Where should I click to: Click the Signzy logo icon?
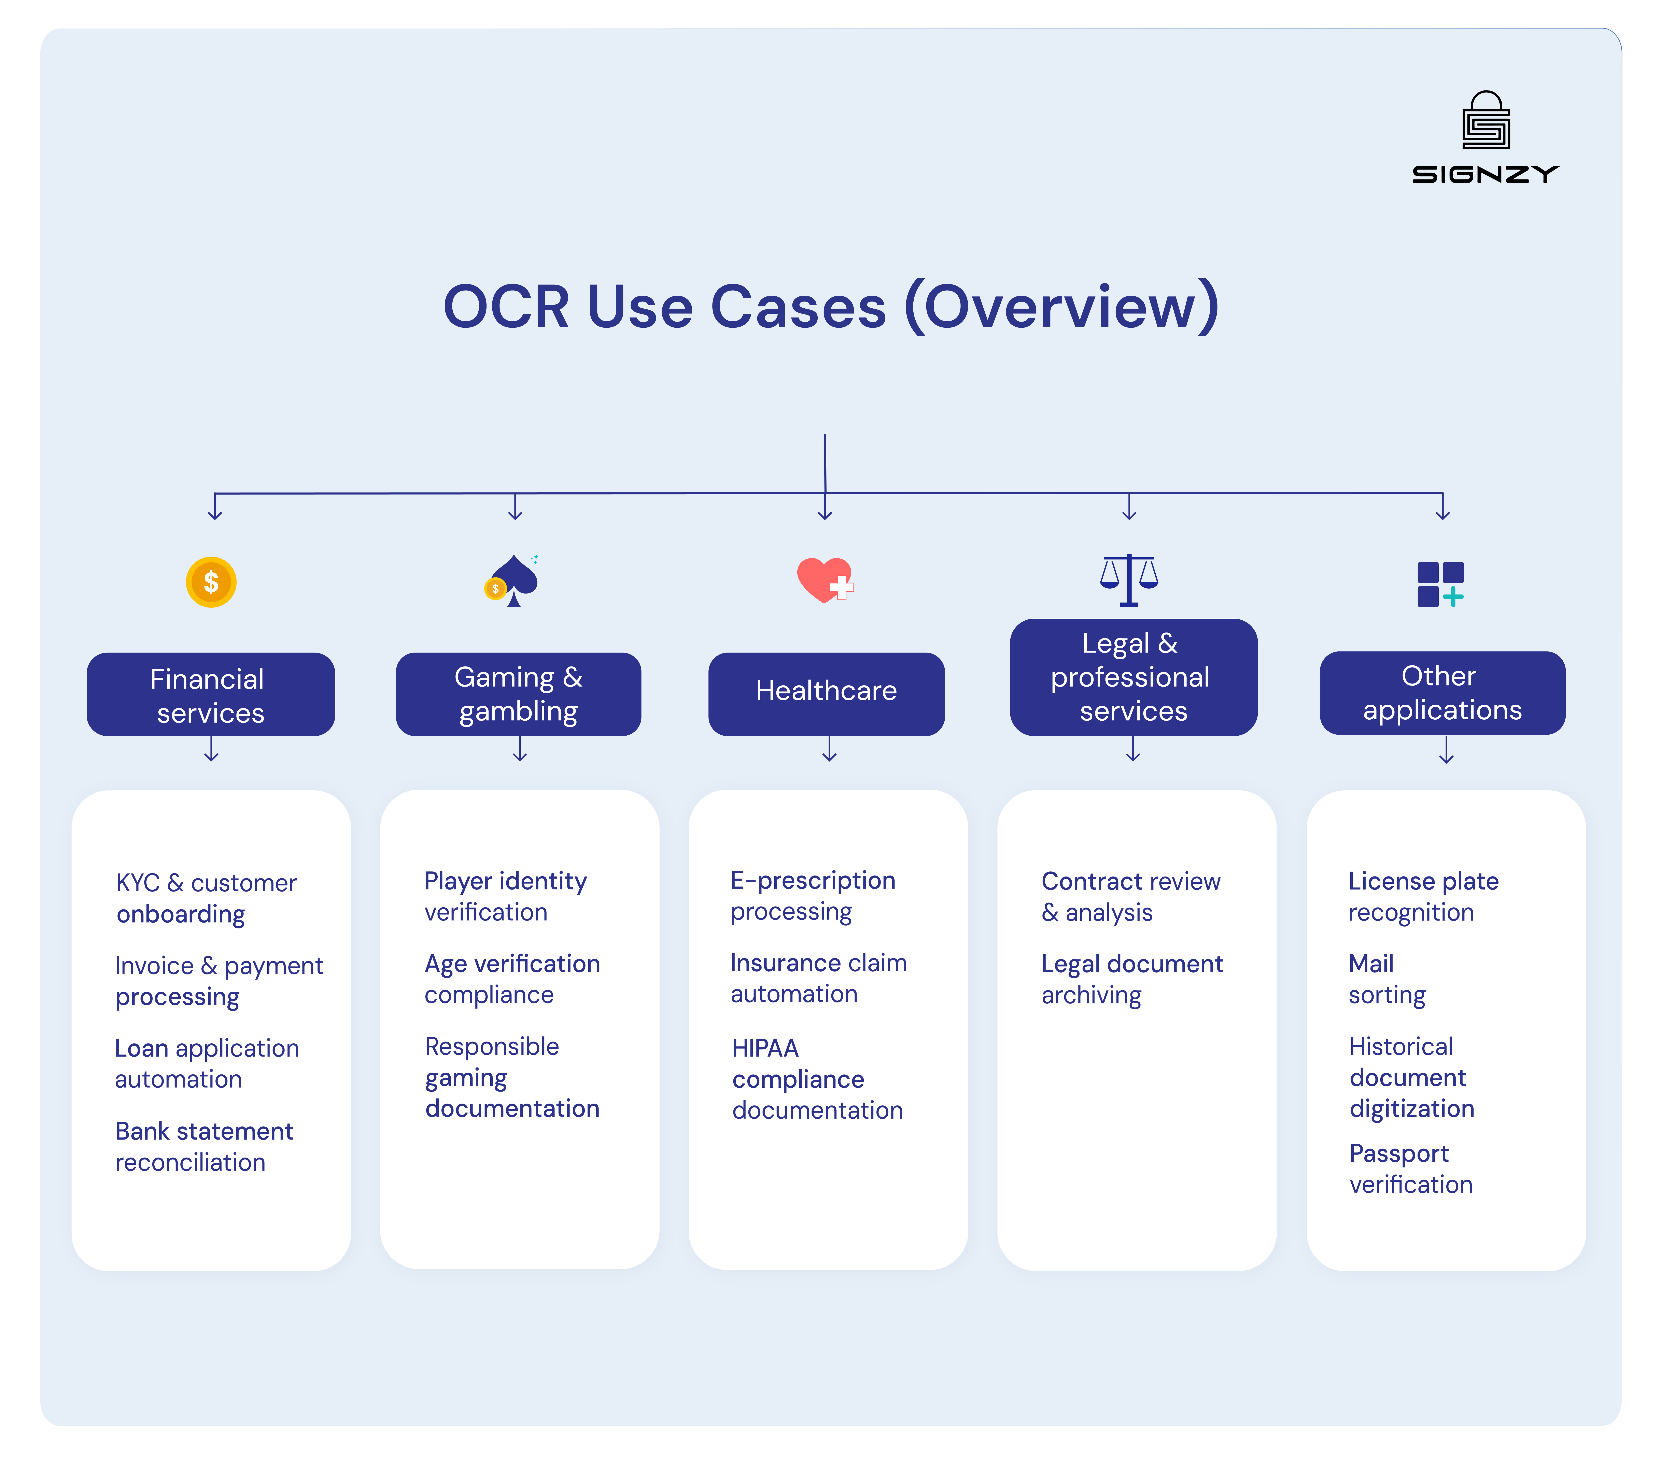[1485, 120]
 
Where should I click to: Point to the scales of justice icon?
[1129, 580]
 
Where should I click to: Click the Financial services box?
[211, 695]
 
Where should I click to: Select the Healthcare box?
[826, 692]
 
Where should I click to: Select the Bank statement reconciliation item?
[204, 1147]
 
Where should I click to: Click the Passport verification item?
[1411, 1168]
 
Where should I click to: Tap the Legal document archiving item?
[1132, 979]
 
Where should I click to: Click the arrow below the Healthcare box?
[829, 749]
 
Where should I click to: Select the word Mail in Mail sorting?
[1371, 964]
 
